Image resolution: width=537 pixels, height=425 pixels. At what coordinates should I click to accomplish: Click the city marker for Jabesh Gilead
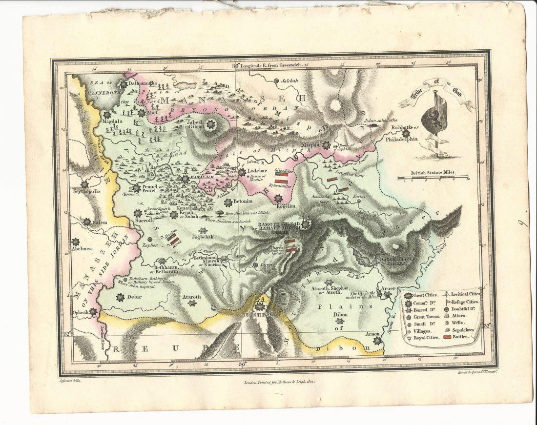tap(211, 125)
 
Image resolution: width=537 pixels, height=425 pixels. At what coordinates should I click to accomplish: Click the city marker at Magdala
tap(106, 114)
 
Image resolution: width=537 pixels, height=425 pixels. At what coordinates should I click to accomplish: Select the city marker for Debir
tap(119, 296)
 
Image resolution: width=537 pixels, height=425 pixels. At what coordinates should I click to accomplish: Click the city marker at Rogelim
tap(278, 199)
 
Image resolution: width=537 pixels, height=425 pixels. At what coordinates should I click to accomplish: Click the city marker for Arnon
tap(377, 341)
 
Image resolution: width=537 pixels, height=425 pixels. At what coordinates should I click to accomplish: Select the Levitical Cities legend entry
tap(465, 294)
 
